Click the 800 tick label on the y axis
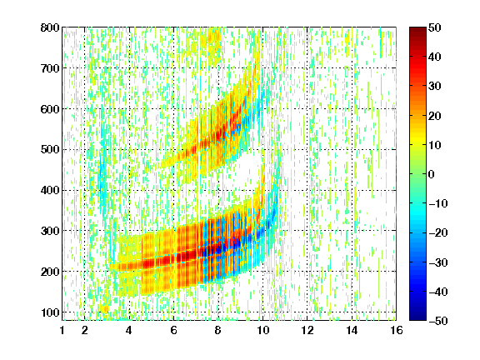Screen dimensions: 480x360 pyautogui.click(x=50, y=27)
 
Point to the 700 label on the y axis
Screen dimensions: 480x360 pyautogui.click(x=50, y=68)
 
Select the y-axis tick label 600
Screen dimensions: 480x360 pyautogui.click(x=50, y=109)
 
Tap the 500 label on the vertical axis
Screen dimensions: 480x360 pyautogui.click(x=50, y=150)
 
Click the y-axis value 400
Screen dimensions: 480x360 pyautogui.click(x=50, y=190)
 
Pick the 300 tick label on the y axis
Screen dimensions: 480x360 pyautogui.click(x=50, y=231)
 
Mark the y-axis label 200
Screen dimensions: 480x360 pyautogui.click(x=50, y=272)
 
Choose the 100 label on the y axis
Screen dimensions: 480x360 pyautogui.click(x=50, y=312)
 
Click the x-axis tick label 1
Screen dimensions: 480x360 pyautogui.click(x=62, y=330)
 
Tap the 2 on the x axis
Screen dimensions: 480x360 pyautogui.click(x=85, y=330)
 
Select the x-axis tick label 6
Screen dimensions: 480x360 pyautogui.click(x=173, y=330)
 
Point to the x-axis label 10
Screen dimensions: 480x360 pyautogui.click(x=262, y=330)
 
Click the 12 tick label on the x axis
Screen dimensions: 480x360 pyautogui.click(x=307, y=330)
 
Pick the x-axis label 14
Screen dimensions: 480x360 pyautogui.click(x=352, y=330)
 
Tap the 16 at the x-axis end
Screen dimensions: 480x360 pyautogui.click(x=397, y=330)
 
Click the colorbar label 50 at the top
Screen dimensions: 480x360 pyautogui.click(x=435, y=27)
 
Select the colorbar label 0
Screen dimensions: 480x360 pyautogui.click(x=432, y=174)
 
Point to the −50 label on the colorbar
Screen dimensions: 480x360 pyautogui.click(x=438, y=321)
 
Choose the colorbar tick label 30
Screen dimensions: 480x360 pyautogui.click(x=435, y=87)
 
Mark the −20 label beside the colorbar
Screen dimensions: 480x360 pyautogui.click(x=438, y=233)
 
